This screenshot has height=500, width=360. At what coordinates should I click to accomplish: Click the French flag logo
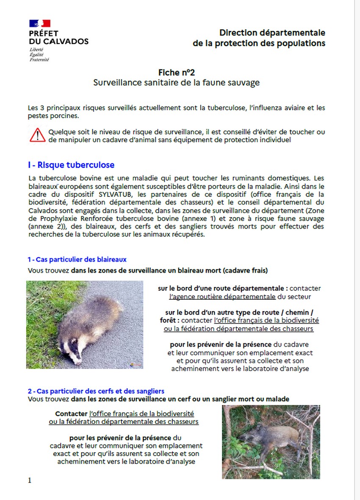(x=40, y=23)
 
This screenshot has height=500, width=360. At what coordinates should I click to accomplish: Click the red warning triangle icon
(x=37, y=135)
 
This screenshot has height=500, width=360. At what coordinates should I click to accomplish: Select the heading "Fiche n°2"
(x=177, y=72)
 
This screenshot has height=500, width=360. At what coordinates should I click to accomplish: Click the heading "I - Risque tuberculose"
(x=71, y=165)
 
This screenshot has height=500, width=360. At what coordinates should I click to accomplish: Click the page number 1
(x=30, y=480)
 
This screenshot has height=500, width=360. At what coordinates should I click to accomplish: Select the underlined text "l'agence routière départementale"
(x=222, y=296)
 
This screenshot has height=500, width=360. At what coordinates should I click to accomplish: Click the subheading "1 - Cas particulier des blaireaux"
(x=77, y=260)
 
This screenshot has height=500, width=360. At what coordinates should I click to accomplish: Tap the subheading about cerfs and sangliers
(x=96, y=391)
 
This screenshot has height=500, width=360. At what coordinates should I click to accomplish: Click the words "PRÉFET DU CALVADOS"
(x=58, y=37)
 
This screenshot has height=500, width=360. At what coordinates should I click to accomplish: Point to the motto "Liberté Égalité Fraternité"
(x=39, y=55)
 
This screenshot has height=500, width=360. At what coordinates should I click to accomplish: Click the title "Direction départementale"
(x=272, y=33)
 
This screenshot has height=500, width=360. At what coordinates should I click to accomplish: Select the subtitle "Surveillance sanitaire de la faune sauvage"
(x=177, y=83)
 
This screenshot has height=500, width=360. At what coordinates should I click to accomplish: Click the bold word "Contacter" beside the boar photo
(x=72, y=413)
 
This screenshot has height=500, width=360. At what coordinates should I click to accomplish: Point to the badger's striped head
(x=72, y=353)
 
